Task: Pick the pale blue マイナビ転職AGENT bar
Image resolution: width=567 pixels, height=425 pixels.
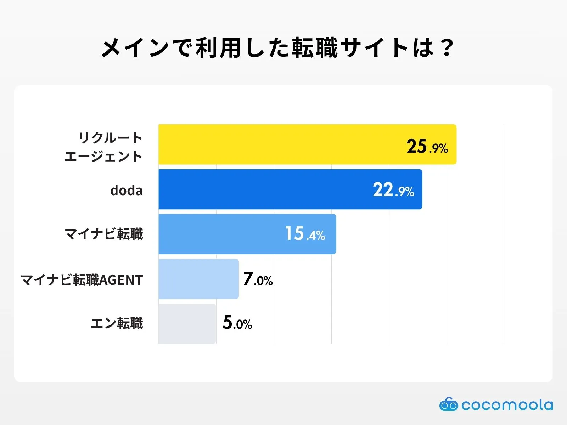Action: tap(198, 279)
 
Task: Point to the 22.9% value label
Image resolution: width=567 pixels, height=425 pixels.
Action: tap(393, 190)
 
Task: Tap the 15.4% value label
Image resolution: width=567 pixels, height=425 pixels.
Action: tap(305, 234)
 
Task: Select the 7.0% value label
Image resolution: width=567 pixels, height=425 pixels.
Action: tap(258, 279)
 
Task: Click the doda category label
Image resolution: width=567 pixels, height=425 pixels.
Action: tap(127, 191)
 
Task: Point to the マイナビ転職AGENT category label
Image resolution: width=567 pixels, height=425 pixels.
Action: tap(82, 280)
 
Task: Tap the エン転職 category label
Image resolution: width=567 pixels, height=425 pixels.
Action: tap(117, 323)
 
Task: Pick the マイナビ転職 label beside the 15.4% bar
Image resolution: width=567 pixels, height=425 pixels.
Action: tap(104, 234)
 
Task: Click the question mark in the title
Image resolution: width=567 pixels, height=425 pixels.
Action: tap(447, 48)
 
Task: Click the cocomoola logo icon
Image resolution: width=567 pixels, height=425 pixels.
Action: tap(449, 404)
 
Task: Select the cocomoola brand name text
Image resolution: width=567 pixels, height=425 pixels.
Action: tap(507, 405)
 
